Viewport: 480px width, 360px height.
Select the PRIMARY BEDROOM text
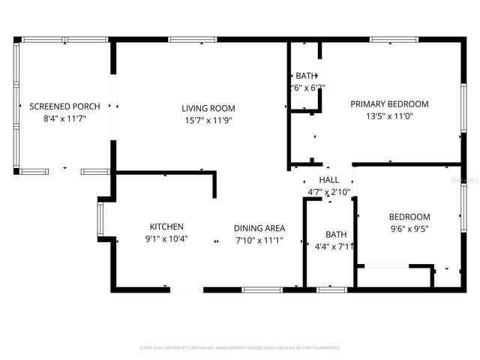coord(389,104)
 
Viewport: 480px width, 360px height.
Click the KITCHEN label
coord(166,226)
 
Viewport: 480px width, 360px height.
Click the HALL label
coord(329,181)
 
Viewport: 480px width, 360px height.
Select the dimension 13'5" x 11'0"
coord(389,116)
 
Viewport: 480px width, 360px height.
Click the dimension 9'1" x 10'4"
coord(166,239)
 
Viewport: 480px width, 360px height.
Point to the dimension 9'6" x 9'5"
coord(409,229)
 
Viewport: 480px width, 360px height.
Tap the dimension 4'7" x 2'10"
coord(329,193)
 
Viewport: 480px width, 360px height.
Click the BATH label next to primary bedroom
coord(306,76)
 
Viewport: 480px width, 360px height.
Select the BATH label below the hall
coord(336,234)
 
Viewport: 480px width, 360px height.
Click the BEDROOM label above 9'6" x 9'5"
coord(409,217)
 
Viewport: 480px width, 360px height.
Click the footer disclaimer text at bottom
coord(240,348)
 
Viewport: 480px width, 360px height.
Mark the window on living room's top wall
coord(193,40)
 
